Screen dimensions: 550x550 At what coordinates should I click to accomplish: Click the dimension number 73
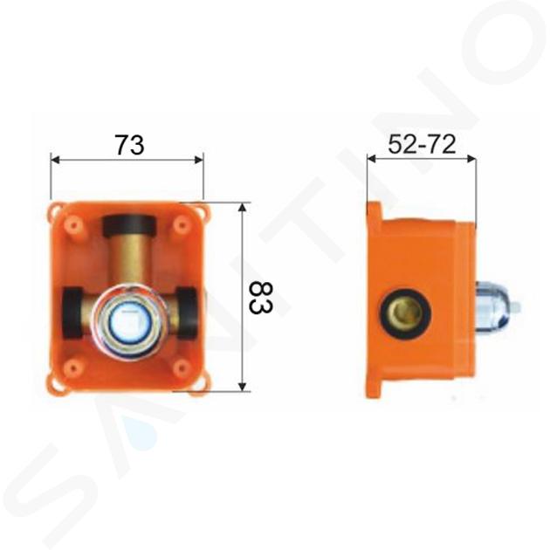pos(130,145)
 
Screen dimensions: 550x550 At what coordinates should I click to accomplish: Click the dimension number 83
pos(261,299)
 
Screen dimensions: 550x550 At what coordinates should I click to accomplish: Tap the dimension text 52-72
pos(422,144)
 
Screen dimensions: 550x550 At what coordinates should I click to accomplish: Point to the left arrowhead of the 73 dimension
pos(55,161)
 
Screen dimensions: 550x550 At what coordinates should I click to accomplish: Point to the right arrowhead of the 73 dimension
pos(199,161)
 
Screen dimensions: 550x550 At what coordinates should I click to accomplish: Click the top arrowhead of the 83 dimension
pos(242,208)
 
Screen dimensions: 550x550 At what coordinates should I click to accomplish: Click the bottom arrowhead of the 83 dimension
pos(242,387)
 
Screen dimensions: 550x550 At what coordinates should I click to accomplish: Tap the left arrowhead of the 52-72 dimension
pos(371,159)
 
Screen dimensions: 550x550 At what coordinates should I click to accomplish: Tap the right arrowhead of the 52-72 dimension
pos(471,159)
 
